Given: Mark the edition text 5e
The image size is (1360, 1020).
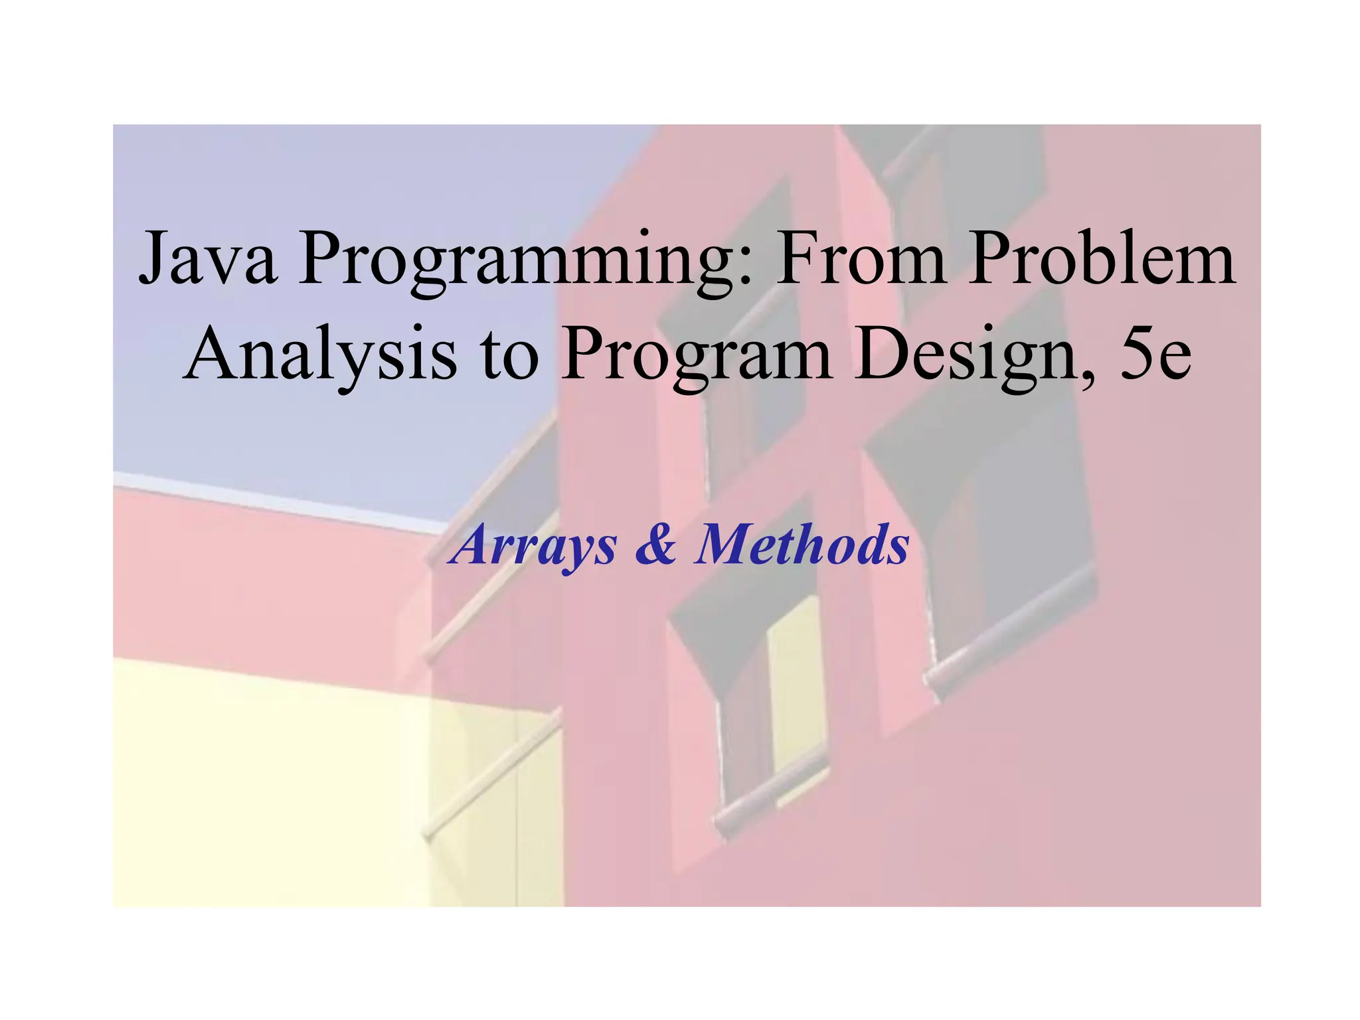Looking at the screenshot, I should [x=1155, y=355].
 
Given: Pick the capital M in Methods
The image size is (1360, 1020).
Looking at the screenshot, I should [x=724, y=545].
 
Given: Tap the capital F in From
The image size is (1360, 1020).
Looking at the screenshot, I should [x=797, y=258].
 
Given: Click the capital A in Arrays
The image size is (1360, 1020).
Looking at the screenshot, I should [x=471, y=545].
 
